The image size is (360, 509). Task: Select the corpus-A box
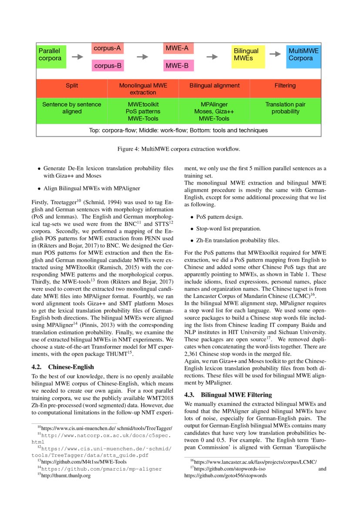[108, 48]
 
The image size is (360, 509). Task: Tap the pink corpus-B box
[108, 66]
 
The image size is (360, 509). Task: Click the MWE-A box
[178, 48]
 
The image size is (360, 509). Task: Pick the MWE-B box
[178, 66]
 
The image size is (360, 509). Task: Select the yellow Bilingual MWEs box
[248, 55]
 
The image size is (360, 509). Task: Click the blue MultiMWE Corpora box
[303, 55]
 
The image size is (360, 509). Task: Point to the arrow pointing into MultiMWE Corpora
[275, 54]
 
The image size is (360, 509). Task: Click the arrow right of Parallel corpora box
[77, 57]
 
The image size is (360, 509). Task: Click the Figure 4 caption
[178, 149]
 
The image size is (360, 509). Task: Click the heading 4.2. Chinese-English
[63, 367]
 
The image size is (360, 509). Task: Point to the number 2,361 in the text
[193, 354]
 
